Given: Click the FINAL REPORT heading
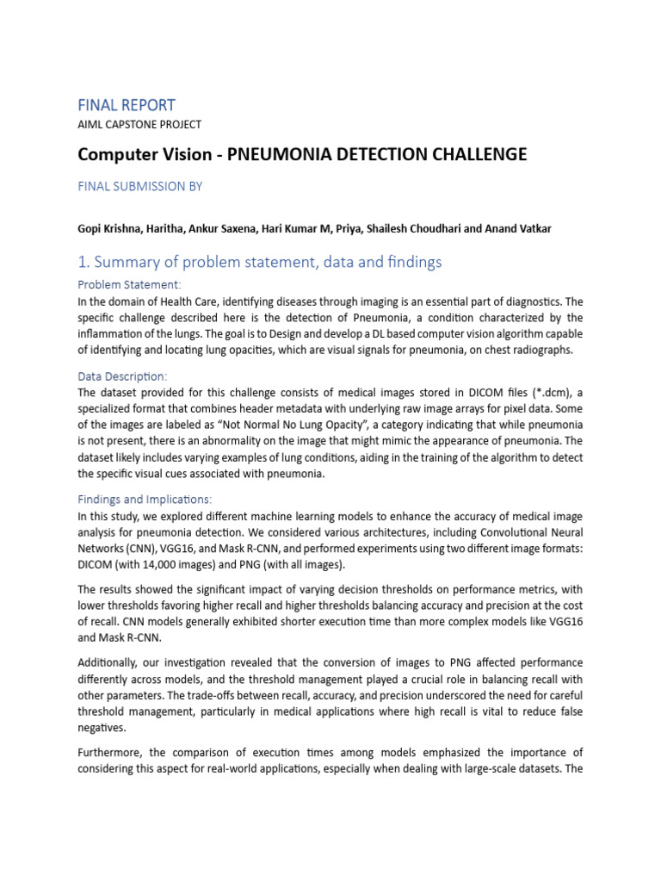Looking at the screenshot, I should (126, 105).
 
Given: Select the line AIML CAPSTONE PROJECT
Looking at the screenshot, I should (139, 125).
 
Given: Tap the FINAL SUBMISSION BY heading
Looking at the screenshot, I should (139, 186).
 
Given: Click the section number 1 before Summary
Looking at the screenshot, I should (83, 263).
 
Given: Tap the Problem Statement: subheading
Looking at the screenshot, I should (129, 285).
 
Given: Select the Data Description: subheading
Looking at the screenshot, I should (122, 376).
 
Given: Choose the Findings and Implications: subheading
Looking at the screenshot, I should (145, 500).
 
